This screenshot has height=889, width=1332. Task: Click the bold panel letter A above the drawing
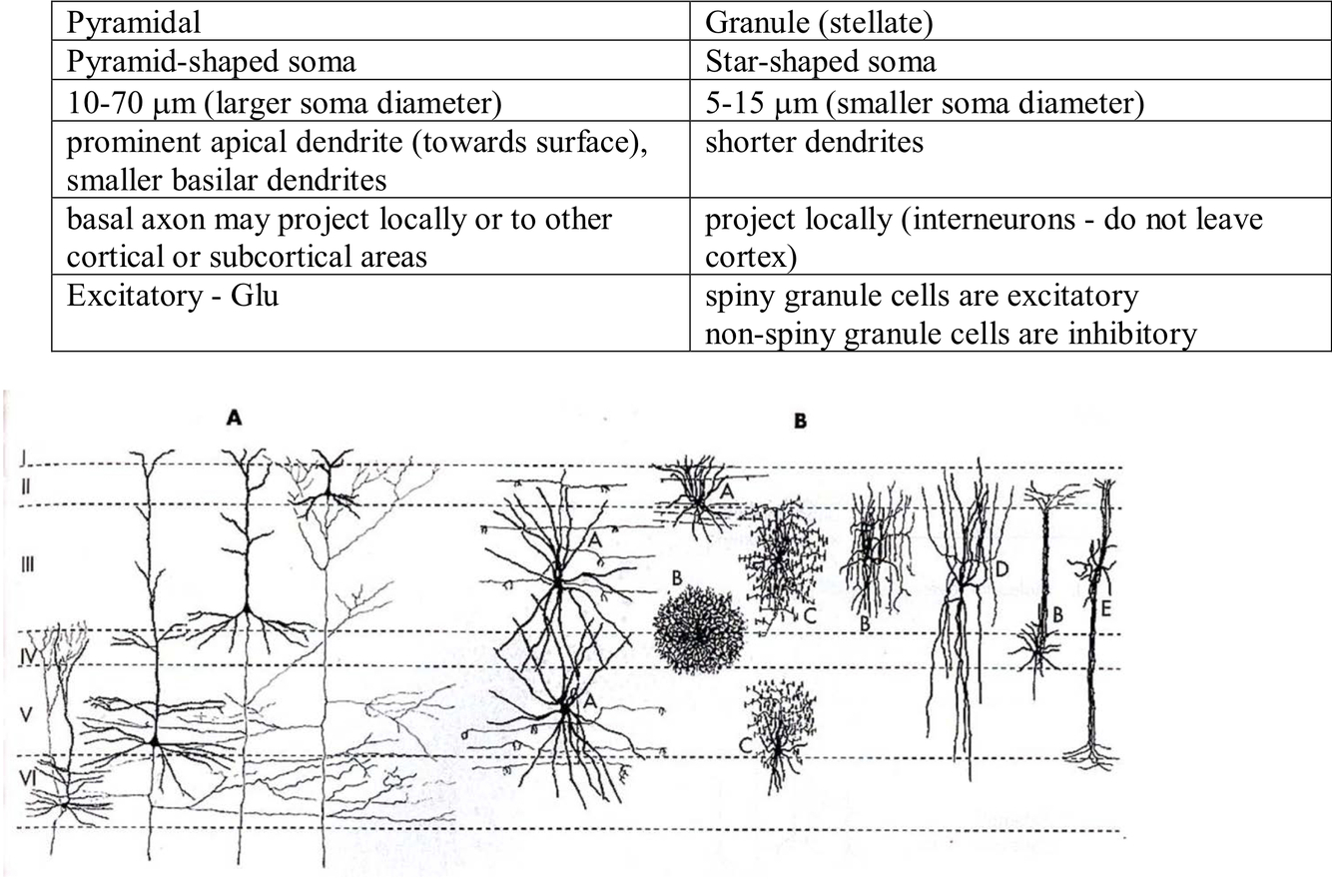click(234, 419)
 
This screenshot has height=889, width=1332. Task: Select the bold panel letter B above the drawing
click(799, 421)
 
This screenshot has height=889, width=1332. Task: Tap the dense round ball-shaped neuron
click(699, 630)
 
